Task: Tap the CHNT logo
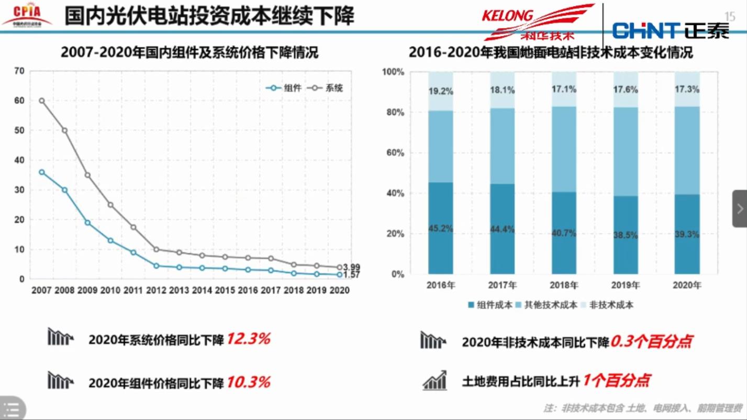click(671, 31)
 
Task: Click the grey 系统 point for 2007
click(42, 101)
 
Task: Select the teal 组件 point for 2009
click(87, 223)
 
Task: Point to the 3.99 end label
click(351, 268)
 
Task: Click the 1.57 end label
click(351, 275)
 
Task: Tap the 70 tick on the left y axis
click(19, 71)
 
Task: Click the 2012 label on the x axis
click(156, 290)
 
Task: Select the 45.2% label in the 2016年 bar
click(441, 228)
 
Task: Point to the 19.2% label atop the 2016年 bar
click(441, 91)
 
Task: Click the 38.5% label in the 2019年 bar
click(626, 236)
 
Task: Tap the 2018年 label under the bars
click(564, 285)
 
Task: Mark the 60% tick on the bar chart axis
click(395, 153)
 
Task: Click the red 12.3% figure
click(248, 339)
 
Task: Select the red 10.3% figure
click(248, 382)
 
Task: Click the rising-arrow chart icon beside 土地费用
click(434, 381)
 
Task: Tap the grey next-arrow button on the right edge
click(740, 208)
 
